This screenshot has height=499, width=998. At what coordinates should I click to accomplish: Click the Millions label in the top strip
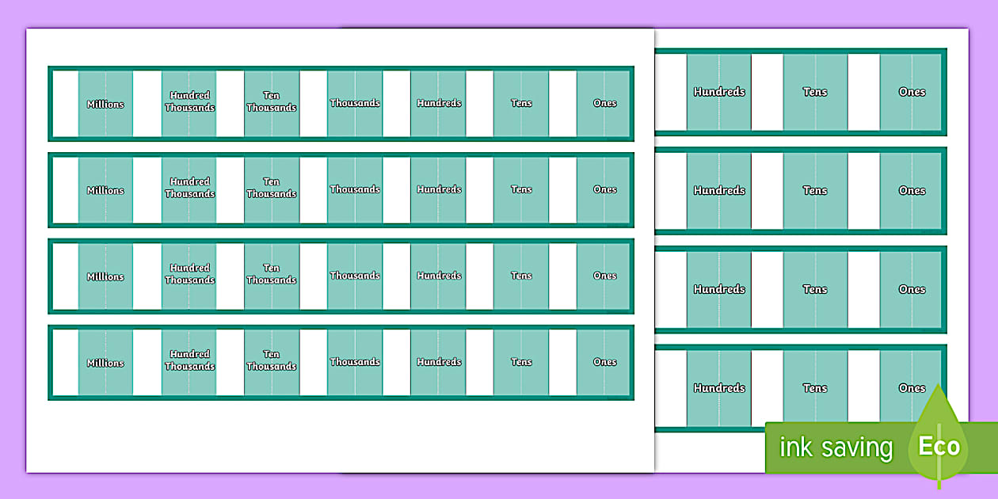coord(105,105)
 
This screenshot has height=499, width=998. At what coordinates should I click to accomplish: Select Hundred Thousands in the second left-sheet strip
coord(190,188)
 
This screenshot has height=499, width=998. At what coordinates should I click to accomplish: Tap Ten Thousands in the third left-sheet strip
coord(272,273)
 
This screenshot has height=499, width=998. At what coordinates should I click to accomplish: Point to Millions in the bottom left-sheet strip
coord(105,363)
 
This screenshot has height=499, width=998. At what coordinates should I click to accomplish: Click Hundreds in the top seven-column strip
coord(439,103)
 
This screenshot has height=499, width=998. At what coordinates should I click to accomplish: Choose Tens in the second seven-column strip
coord(521,189)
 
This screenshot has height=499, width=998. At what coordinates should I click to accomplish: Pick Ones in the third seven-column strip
coord(604,276)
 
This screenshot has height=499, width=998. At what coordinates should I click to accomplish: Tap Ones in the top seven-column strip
coord(604,103)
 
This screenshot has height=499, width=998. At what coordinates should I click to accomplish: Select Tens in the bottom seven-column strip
coord(521,362)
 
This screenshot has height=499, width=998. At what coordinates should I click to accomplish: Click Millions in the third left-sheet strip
coord(105,276)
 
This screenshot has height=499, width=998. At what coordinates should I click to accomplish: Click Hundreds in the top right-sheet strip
coord(719,92)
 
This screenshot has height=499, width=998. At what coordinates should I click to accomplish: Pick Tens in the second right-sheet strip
coord(815,191)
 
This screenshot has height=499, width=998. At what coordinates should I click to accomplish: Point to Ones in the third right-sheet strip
coord(912,289)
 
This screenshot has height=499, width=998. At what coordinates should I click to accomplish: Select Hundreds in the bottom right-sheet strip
coord(719,388)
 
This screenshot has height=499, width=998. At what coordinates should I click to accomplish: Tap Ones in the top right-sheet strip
coord(912,92)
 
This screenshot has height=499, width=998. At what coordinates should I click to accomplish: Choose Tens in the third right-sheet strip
coord(815,289)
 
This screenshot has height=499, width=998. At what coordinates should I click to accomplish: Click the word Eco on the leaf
coord(939,446)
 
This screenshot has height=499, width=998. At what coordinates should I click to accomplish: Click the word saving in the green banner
coord(858,448)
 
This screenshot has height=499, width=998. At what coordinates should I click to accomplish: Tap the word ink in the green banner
coord(796,447)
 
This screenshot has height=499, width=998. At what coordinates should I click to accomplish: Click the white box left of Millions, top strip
coord(66,103)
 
